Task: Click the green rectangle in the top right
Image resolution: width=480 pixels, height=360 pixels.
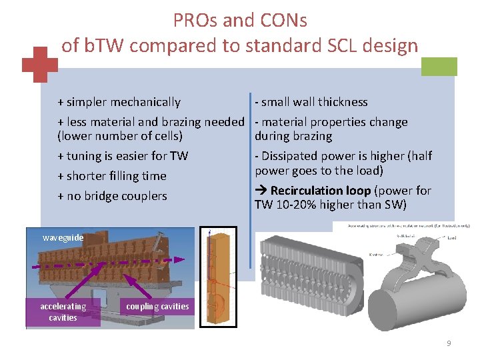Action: click(x=440, y=67)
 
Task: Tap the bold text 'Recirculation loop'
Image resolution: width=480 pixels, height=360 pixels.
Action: click(x=319, y=191)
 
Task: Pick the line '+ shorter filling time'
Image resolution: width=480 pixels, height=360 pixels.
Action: click(x=112, y=176)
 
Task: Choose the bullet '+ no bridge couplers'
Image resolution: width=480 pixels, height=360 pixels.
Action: click(x=112, y=196)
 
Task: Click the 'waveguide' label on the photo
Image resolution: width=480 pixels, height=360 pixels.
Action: click(x=63, y=237)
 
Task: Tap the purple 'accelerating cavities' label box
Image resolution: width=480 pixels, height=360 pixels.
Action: click(x=63, y=312)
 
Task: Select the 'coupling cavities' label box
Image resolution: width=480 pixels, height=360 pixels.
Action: click(x=157, y=307)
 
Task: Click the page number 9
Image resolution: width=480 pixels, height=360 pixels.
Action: click(x=449, y=343)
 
